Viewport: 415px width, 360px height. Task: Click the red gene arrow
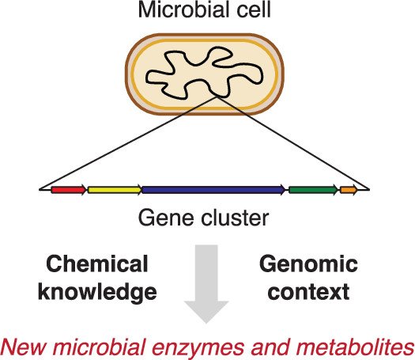point(69,190)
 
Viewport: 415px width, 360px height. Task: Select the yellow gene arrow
point(115,190)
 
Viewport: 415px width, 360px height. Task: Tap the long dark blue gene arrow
point(213,190)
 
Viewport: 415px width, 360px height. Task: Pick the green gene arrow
point(313,190)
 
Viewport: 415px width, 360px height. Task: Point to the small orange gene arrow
point(349,190)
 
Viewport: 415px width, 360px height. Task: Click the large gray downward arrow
point(206,284)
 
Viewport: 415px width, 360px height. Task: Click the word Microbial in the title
point(183,9)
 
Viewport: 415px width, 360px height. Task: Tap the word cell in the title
point(254,9)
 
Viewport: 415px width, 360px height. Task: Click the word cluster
point(235,218)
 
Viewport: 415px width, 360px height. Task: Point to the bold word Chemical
point(97,263)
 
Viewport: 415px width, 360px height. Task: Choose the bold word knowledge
point(97,292)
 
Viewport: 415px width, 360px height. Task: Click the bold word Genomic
point(308,263)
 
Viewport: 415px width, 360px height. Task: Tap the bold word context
point(308,292)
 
